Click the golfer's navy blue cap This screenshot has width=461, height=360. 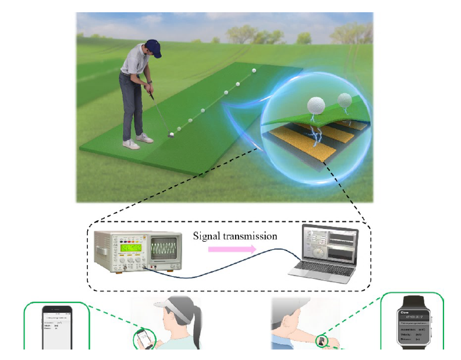[153, 45]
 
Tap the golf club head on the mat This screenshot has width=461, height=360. [171, 134]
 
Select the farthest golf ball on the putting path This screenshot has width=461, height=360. [254, 70]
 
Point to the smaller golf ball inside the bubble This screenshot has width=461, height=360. [345, 100]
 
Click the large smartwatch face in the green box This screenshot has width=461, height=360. [414, 329]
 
